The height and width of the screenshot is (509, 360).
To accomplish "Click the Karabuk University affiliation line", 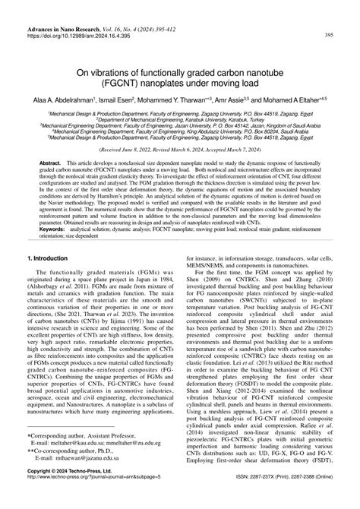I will [179, 119].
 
